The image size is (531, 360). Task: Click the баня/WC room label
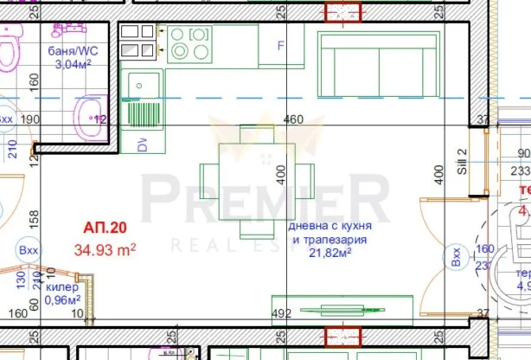[71, 49]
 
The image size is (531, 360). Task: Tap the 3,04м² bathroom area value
[73, 63]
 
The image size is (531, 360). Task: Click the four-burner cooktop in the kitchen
[190, 43]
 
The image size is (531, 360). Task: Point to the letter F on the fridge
[280, 47]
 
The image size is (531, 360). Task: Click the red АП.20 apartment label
[105, 229]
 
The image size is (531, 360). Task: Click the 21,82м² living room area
[330, 254]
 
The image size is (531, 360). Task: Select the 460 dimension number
[294, 119]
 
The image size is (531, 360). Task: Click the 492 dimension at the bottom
[281, 314]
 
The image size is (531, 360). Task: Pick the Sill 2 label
[462, 163]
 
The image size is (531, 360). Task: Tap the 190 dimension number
[30, 119]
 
